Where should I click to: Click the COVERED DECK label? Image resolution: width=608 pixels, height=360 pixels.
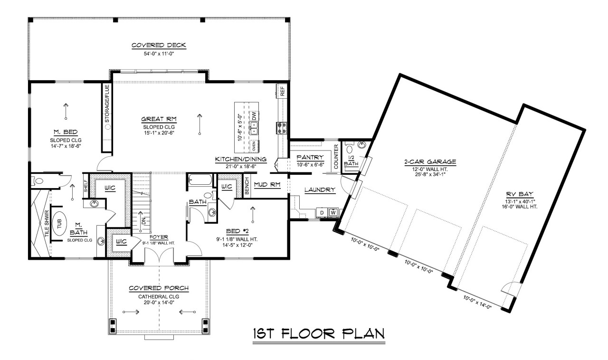click(159, 46)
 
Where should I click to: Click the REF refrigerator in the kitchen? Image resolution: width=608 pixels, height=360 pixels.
click(282, 91)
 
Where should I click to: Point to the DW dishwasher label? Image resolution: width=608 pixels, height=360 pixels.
click(255, 115)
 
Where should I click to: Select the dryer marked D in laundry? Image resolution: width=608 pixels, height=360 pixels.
click(322, 212)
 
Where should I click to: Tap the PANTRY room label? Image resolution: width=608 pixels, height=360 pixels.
click(310, 157)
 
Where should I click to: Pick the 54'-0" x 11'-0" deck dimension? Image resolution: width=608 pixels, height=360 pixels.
click(159, 54)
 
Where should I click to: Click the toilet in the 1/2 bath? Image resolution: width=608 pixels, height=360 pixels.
click(362, 146)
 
